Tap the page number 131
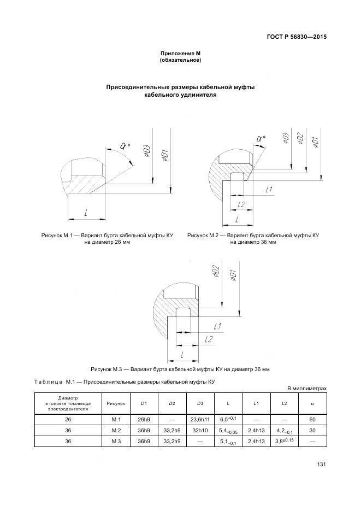[x=322, y=465]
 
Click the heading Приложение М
[x=180, y=53]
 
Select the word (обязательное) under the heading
[x=180, y=60]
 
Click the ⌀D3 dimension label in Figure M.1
[x=147, y=151]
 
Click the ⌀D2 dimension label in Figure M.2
[x=300, y=140]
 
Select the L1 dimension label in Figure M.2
[x=268, y=190]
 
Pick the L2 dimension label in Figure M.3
[x=208, y=340]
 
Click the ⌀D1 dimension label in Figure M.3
[x=233, y=274]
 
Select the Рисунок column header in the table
[x=116, y=403]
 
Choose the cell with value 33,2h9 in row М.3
[x=172, y=441]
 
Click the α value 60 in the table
[x=312, y=419]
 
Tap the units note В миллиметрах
[x=307, y=389]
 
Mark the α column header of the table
[x=312, y=403]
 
